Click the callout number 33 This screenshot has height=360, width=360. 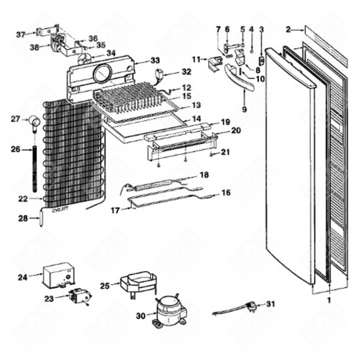coord(155,61)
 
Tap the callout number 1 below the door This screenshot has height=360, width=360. coord(329,301)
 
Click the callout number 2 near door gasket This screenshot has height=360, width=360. coord(289,30)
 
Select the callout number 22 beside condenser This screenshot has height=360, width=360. coord(23,199)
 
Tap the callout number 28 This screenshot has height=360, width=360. coord(23,219)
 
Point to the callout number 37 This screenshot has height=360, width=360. coord(21,34)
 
